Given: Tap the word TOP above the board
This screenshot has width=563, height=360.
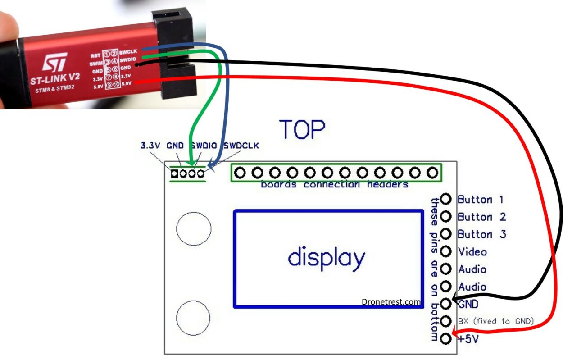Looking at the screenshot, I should tap(302, 129).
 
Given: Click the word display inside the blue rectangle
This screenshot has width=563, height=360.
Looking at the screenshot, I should tap(327, 258).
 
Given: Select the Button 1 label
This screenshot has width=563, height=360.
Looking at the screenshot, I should tap(481, 199).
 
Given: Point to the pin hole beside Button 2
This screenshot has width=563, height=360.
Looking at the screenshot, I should tap(446, 217).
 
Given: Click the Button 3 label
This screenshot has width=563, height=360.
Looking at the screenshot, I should tap(481, 234).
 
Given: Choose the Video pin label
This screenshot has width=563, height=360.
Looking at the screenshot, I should tap(472, 251).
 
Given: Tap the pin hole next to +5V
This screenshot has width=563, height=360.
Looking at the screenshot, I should tap(446, 338).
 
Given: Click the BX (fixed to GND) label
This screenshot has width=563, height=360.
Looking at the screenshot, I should tap(495, 321).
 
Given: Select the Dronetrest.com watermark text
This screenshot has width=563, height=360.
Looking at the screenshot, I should tap(391, 302).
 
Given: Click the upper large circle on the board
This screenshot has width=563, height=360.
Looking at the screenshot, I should tap(194, 228).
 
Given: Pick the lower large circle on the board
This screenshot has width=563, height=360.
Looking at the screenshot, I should tap(194, 317).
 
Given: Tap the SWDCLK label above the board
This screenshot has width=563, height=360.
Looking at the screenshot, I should tap(241, 146).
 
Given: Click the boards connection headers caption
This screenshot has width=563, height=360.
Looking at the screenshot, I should tap(335, 185).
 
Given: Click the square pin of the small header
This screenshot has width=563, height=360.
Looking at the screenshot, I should tap(174, 173).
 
